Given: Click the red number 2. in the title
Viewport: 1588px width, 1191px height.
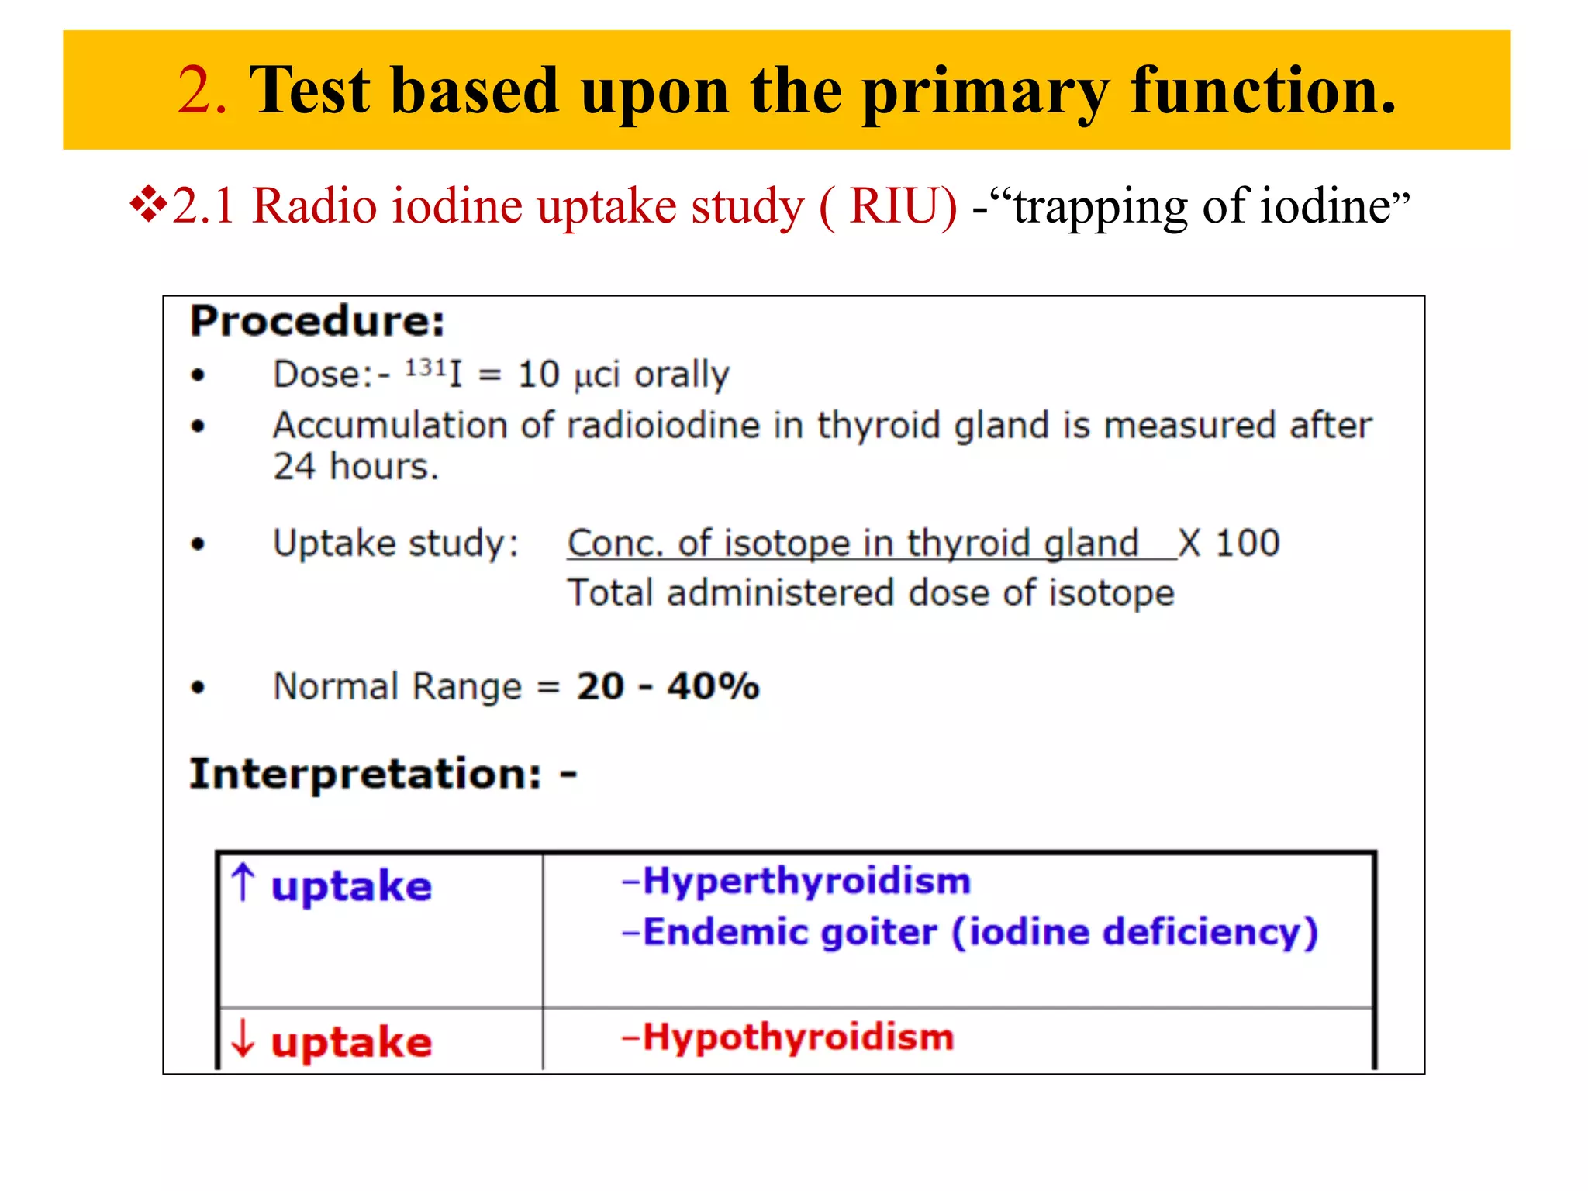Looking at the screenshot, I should point(202,91).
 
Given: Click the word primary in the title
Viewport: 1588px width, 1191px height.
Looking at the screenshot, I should point(986,93).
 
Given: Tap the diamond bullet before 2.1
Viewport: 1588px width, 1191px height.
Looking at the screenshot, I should point(149,206).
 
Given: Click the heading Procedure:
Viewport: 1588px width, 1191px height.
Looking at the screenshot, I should point(318,321).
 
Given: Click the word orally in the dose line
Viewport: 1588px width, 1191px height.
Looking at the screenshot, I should point(682,375).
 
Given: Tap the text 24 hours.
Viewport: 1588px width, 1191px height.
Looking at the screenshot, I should point(355,467).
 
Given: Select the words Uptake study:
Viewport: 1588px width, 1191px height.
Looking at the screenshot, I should point(395,543).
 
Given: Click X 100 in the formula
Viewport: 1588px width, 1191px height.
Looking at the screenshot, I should point(1229,543).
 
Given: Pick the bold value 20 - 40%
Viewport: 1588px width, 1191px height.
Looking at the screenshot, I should point(667,686).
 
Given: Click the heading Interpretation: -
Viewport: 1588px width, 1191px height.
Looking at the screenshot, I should point(383,774).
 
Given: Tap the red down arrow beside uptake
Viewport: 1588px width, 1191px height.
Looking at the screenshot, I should point(243,1039).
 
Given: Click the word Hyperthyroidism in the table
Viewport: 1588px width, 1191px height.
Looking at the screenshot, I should point(806,882).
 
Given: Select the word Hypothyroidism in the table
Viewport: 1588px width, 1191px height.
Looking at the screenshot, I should point(798,1037).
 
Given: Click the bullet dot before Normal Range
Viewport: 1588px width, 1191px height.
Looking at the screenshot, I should point(198,687).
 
